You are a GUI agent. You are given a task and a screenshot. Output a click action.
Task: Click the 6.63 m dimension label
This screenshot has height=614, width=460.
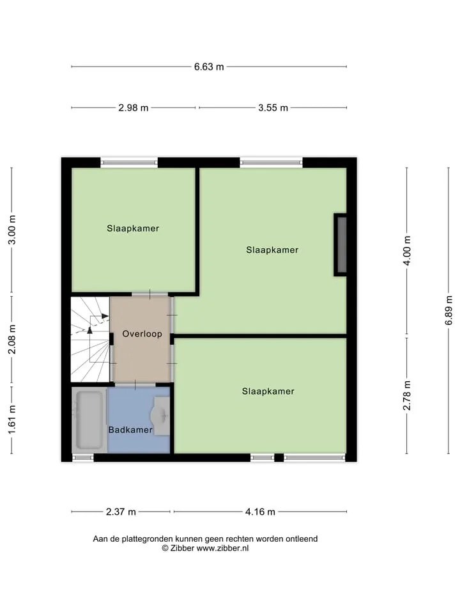pyautogui.click(x=209, y=67)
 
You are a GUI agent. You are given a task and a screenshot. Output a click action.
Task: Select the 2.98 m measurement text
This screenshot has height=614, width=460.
pyautogui.click(x=134, y=107)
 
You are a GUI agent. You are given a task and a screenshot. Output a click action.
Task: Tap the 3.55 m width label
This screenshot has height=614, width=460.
pyautogui.click(x=273, y=107)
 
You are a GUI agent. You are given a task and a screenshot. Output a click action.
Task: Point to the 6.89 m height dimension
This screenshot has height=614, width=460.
pyautogui.click(x=448, y=310)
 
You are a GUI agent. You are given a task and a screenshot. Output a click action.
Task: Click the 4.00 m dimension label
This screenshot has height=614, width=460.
pyautogui.click(x=407, y=251)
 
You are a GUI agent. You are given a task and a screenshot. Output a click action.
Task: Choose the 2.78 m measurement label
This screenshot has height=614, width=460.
pyautogui.click(x=407, y=395)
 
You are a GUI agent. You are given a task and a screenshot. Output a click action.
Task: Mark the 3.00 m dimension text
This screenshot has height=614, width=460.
pyautogui.click(x=12, y=230)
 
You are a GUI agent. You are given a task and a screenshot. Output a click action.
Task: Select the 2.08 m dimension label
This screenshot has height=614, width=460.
pyautogui.click(x=12, y=339)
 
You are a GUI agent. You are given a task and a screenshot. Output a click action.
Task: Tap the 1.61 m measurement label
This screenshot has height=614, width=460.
pyautogui.click(x=12, y=420)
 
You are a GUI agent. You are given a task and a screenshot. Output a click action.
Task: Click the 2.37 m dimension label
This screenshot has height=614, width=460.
pyautogui.click(x=121, y=512)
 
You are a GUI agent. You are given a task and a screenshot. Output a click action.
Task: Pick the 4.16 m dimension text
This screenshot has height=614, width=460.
pyautogui.click(x=260, y=512)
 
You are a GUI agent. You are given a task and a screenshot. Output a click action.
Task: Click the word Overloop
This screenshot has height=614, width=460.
pyautogui.click(x=142, y=334)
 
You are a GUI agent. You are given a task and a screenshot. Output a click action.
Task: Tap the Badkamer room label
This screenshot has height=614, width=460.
pyautogui.click(x=130, y=430)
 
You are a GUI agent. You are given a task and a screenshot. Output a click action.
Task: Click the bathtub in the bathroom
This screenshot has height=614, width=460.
pyautogui.click(x=89, y=420)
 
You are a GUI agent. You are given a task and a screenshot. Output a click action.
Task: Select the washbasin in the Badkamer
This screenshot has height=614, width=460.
pyautogui.click(x=160, y=416)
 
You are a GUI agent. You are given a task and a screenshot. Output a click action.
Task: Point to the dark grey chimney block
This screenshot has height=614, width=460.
pyautogui.click(x=341, y=245)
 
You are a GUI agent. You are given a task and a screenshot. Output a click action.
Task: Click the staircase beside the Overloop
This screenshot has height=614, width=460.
pyautogui.click(x=90, y=339)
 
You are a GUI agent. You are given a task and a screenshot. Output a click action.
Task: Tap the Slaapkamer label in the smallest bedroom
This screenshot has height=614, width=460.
pyautogui.click(x=133, y=228)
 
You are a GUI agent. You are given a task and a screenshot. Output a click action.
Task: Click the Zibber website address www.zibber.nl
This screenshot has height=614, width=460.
pyautogui.click(x=222, y=548)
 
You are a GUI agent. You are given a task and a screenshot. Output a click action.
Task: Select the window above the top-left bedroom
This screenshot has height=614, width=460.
pyautogui.click(x=130, y=162)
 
